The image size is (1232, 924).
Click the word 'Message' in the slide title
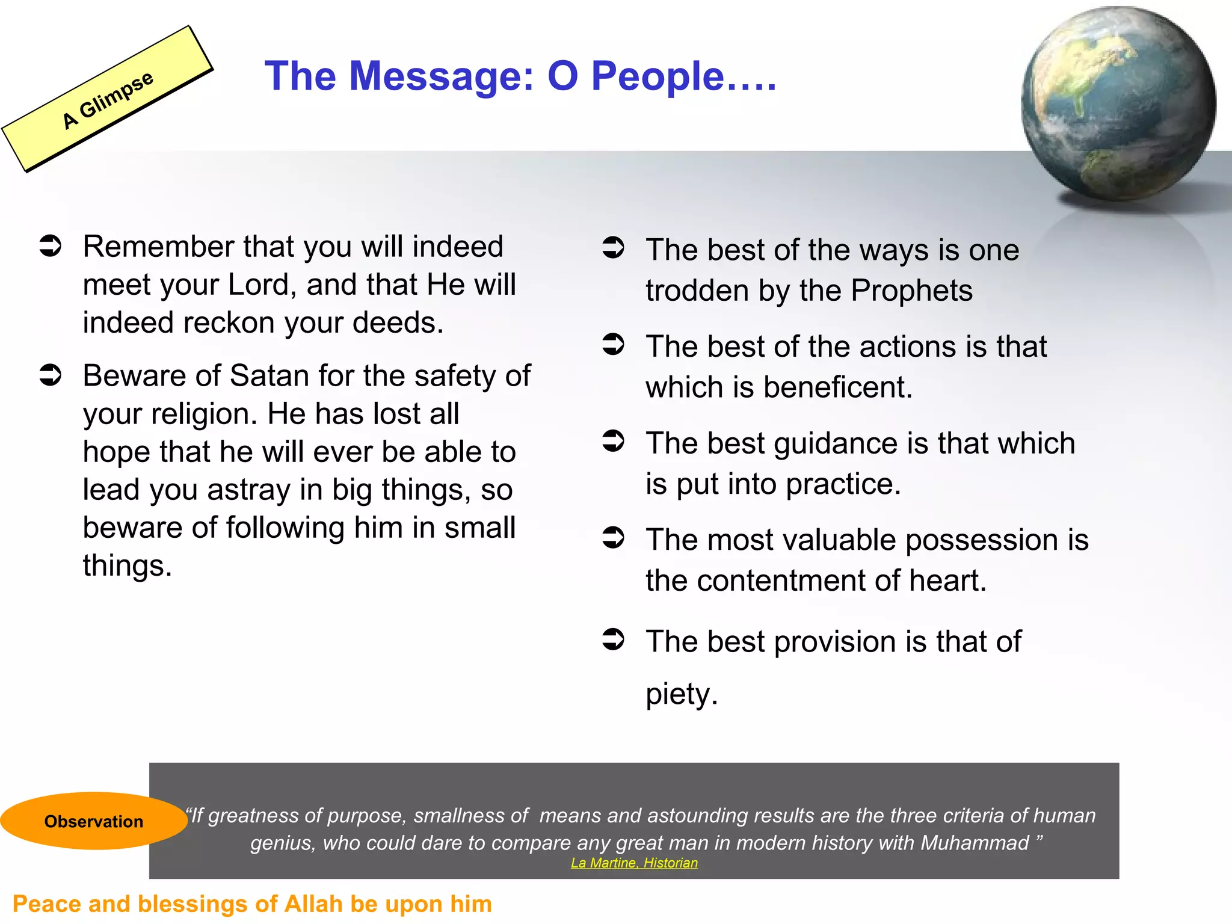[441, 76]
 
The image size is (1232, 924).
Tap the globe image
[1118, 103]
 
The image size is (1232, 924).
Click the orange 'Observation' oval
[93, 821]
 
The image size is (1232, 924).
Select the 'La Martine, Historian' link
[634, 863]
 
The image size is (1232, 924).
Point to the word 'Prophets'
[911, 291]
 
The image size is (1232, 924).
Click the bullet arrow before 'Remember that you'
[51, 246]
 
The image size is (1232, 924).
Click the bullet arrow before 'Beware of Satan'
[51, 375]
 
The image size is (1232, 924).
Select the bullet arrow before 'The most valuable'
[614, 538]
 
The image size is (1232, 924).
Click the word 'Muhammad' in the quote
[975, 843]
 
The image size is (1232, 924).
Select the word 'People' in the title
[658, 76]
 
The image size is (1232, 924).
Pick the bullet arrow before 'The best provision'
[614, 639]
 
